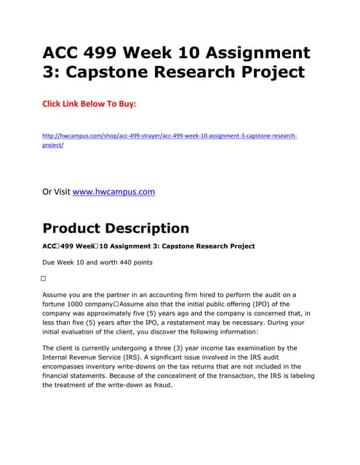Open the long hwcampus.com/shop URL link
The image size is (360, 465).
point(170,136)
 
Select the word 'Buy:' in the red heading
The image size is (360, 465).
point(124,104)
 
